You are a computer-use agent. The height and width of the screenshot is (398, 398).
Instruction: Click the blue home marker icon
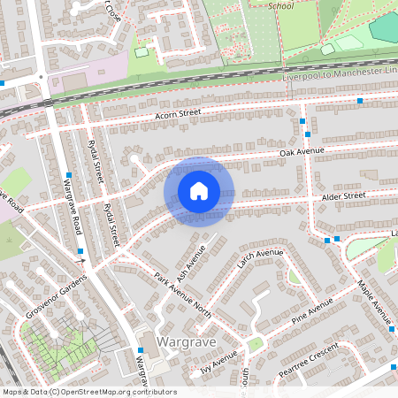199,191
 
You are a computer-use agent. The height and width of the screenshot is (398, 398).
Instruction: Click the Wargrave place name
186,341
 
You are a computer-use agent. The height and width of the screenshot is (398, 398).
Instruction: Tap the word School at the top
281,5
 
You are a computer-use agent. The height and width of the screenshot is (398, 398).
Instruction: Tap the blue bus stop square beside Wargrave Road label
68,174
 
